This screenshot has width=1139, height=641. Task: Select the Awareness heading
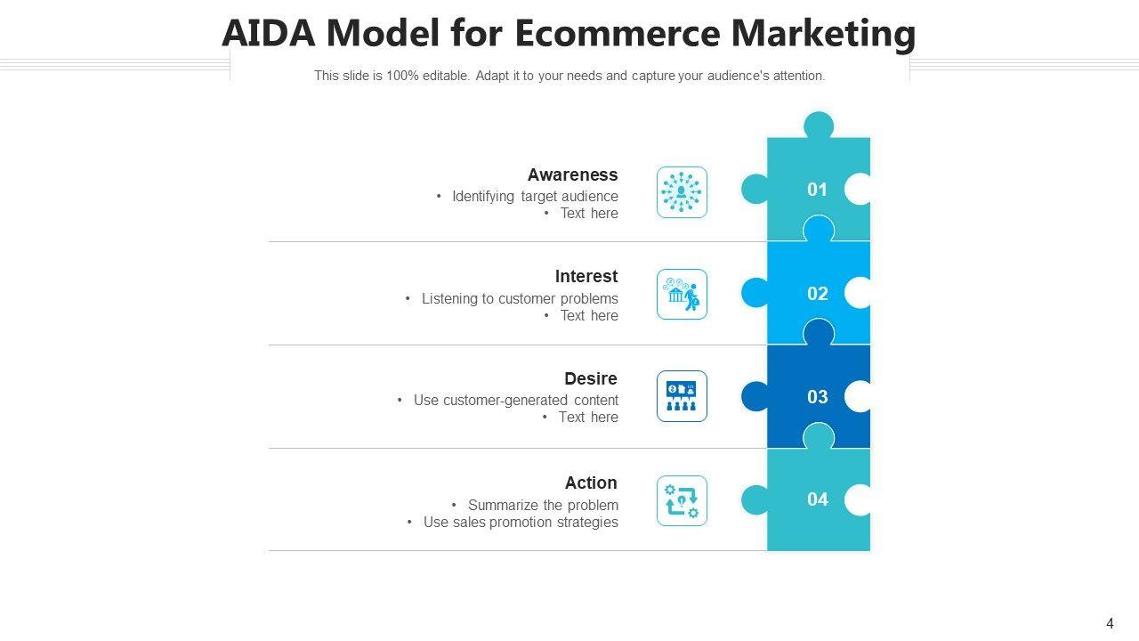tap(572, 174)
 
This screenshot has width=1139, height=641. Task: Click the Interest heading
tap(586, 276)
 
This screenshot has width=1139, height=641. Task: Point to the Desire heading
tap(590, 378)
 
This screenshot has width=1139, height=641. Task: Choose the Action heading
tap(590, 483)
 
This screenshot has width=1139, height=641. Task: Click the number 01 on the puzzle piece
tap(817, 189)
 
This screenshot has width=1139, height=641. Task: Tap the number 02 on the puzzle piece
tap(817, 293)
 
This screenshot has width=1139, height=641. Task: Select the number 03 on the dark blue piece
tap(817, 396)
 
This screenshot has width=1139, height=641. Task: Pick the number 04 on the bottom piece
tap(817, 499)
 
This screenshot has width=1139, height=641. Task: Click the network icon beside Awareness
tap(682, 191)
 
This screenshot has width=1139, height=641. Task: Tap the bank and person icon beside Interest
tap(682, 294)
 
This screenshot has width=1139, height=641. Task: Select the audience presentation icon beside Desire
tap(682, 396)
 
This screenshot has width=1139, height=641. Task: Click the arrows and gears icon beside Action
tap(682, 500)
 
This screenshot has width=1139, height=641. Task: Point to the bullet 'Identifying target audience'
tap(534, 196)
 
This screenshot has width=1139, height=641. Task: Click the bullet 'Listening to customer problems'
tap(520, 298)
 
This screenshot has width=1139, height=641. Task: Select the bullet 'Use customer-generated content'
tap(515, 400)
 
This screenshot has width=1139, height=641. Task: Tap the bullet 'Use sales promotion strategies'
tap(521, 522)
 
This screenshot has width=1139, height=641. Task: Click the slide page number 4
tap(1110, 623)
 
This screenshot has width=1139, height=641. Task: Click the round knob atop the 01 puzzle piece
tap(818, 125)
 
